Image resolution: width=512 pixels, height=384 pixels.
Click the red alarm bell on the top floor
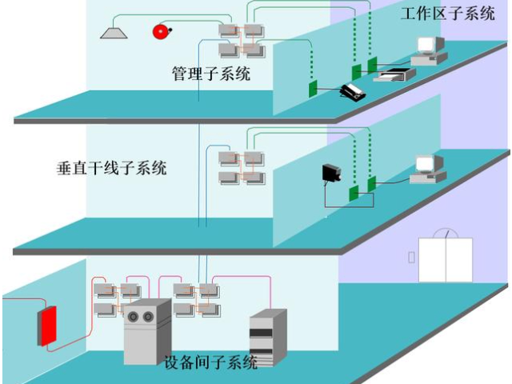click(x=161, y=31)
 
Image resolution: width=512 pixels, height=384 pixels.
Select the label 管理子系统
click(x=211, y=74)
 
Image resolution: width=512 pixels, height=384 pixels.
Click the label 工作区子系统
click(x=449, y=14)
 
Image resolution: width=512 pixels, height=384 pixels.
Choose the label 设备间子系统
click(x=210, y=362)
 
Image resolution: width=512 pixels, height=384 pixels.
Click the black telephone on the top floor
click(x=353, y=92)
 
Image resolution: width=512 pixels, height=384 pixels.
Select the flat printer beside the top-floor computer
click(x=395, y=74)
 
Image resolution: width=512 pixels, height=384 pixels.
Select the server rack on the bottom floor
click(x=266, y=337)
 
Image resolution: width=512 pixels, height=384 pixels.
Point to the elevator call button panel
click(x=411, y=258)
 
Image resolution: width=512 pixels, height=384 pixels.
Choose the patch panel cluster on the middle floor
click(x=241, y=166)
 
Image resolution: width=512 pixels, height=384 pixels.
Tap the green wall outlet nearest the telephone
click(x=314, y=88)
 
